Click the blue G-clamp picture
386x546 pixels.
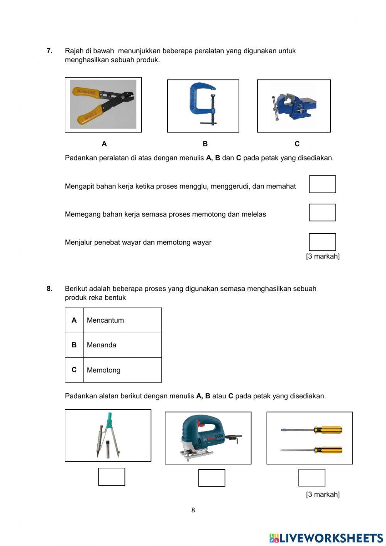pyautogui.click(x=203, y=105)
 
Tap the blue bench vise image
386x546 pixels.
pyautogui.click(x=294, y=106)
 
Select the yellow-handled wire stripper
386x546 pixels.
pyautogui.click(x=103, y=104)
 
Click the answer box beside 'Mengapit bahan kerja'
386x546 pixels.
pyautogui.click(x=322, y=184)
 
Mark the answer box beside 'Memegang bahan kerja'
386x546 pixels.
pyautogui.click(x=322, y=213)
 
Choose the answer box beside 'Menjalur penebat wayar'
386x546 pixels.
pyautogui.click(x=322, y=242)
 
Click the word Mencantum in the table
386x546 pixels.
pyautogui.click(x=105, y=320)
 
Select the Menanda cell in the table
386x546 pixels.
pyautogui.click(x=102, y=345)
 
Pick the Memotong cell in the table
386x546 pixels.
pyautogui.click(x=103, y=370)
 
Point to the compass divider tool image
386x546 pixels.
pyautogui.click(x=108, y=435)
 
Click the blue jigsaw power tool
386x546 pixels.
pyautogui.click(x=208, y=437)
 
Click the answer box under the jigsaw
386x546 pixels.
pyautogui.click(x=212, y=478)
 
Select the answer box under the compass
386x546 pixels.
pyautogui.click(x=112, y=477)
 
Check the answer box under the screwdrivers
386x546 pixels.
pyautogui.click(x=312, y=478)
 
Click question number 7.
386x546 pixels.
pyautogui.click(x=49, y=51)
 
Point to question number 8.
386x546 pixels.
pyautogui.click(x=49, y=289)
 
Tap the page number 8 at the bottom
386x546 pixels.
pyautogui.click(x=193, y=510)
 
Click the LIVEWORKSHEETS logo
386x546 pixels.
pyautogui.click(x=326, y=538)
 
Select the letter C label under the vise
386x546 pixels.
pyautogui.click(x=297, y=144)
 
